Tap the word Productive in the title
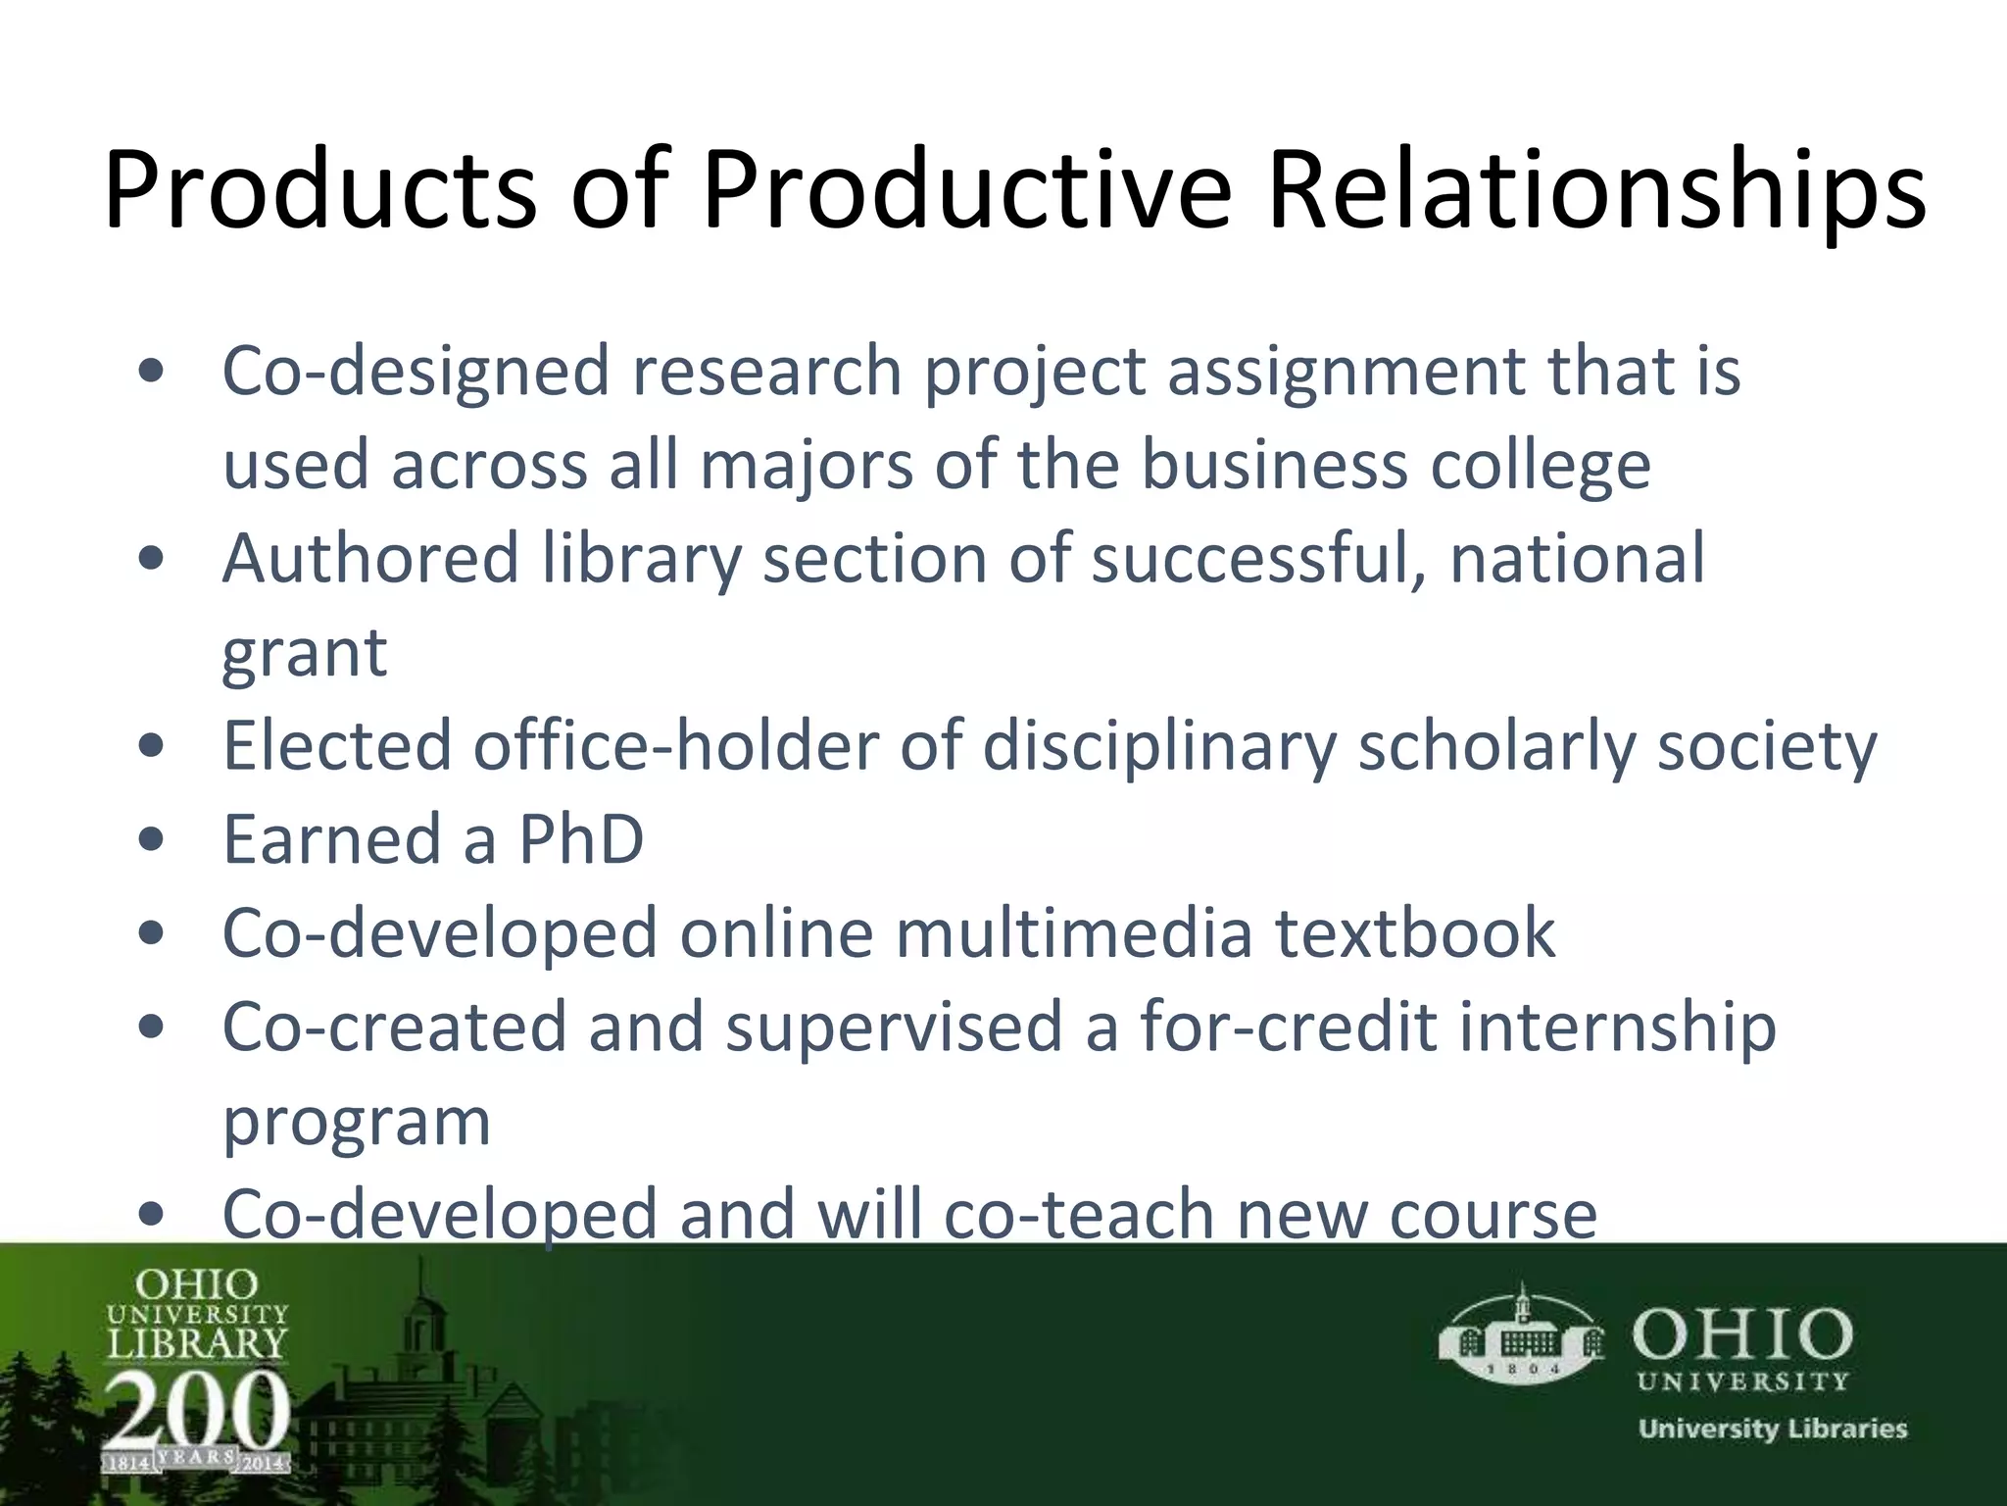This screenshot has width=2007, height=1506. click(965, 190)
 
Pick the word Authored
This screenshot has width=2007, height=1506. click(370, 558)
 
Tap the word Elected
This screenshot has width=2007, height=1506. click(336, 746)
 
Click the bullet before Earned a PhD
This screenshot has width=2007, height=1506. click(151, 840)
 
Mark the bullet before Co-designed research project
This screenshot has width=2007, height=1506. click(151, 372)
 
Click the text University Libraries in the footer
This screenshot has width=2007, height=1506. click(1772, 1429)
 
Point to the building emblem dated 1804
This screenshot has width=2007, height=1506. click(1521, 1335)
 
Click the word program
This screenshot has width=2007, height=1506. click(357, 1122)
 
